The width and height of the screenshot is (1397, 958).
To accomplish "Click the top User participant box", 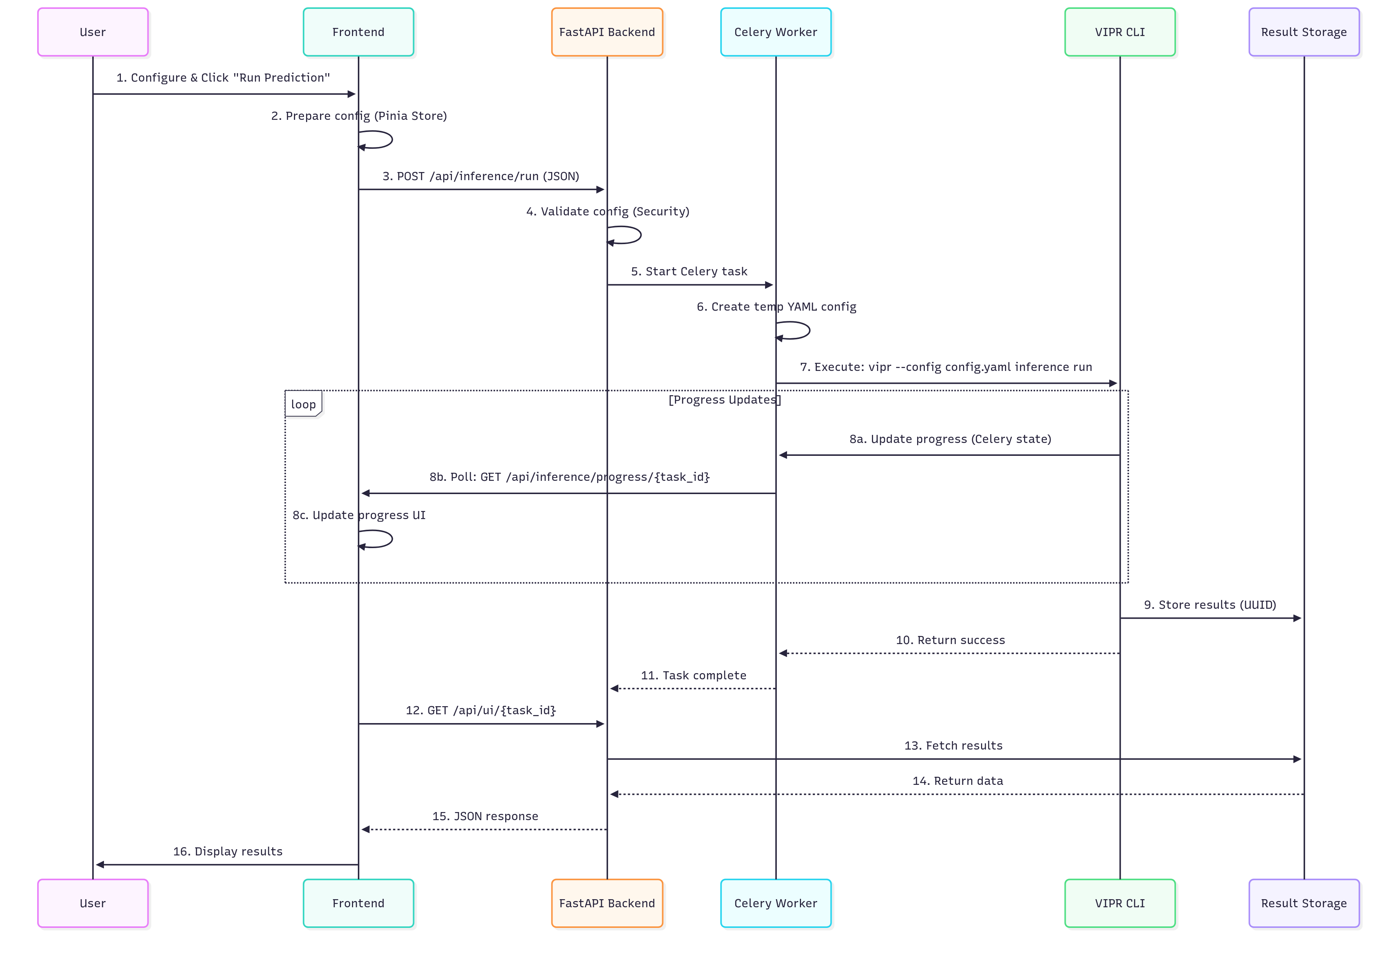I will click(93, 32).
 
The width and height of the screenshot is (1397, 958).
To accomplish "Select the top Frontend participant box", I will click(358, 32).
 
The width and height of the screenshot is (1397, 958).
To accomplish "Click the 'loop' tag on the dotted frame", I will click(303, 404).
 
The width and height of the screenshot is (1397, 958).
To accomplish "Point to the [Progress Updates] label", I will click(724, 400).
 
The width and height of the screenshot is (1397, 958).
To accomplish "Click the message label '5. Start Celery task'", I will click(689, 271).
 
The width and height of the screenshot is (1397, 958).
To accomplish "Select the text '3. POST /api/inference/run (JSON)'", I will click(481, 176).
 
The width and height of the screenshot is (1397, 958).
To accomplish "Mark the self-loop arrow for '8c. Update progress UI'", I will click(385, 539).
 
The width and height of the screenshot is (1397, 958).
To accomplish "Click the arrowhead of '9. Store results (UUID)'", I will click(1297, 618).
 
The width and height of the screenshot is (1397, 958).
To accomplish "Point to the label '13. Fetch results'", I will click(954, 746).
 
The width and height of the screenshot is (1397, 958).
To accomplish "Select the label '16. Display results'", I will click(228, 851).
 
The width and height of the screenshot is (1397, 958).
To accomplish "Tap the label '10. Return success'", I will click(950, 640).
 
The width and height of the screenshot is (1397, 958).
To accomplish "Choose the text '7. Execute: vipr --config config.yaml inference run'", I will click(945, 367).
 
